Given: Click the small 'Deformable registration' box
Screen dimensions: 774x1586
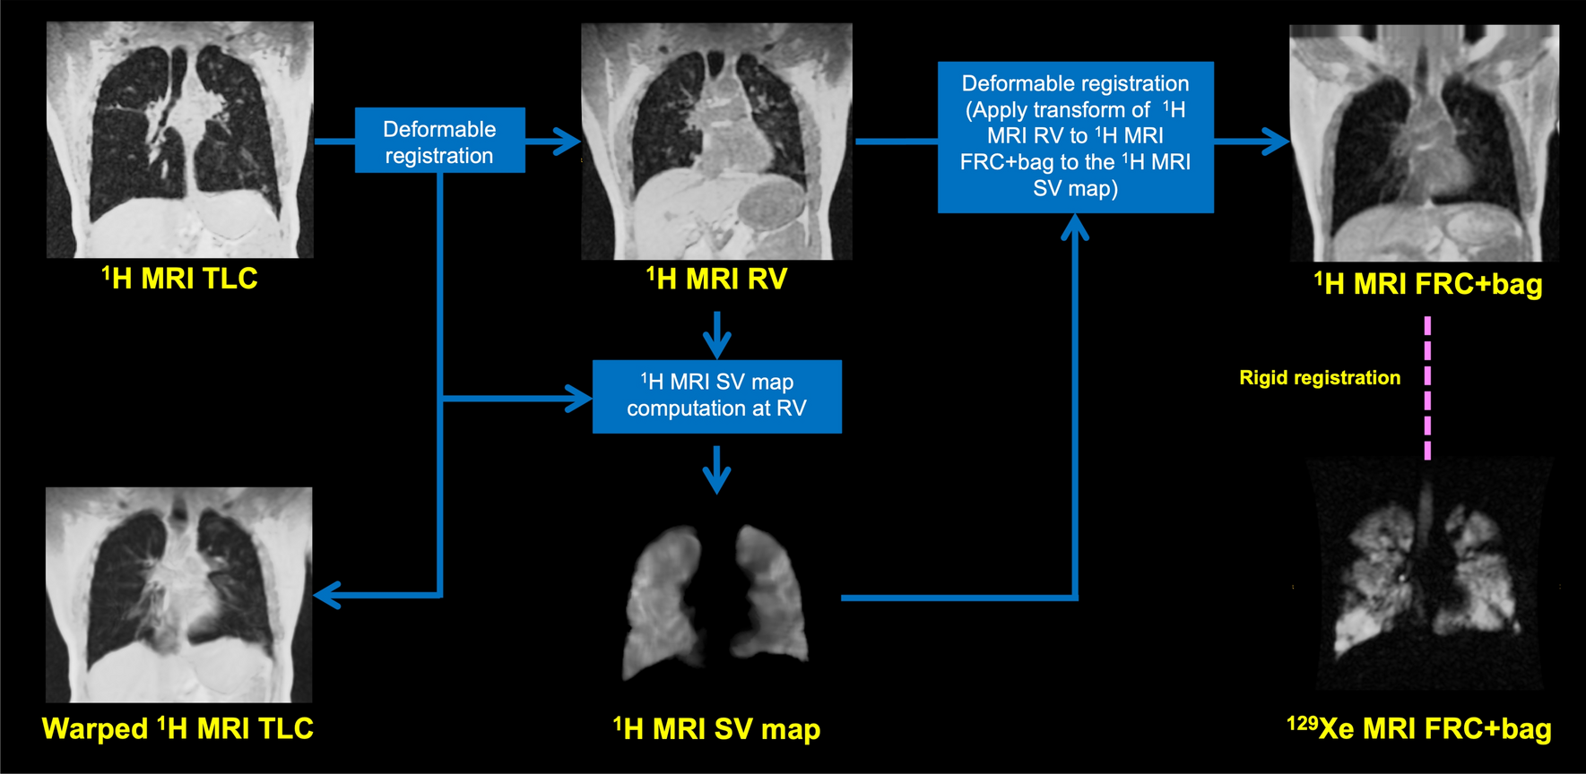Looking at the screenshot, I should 439,142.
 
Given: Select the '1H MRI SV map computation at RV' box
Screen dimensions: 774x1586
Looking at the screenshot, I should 716,396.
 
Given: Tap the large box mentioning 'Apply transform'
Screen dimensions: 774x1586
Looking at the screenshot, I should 1075,136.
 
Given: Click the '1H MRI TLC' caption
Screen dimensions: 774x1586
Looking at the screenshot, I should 179,279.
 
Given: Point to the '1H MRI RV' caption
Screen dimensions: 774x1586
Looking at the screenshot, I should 716,279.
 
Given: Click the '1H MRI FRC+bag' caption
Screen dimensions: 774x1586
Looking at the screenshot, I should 1427,285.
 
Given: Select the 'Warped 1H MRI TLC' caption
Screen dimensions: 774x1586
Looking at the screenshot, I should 178,728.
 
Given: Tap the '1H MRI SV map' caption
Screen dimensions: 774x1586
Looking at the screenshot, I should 716,729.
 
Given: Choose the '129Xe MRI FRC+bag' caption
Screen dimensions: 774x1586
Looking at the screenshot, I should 1418,728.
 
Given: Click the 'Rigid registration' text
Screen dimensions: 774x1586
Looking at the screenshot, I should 1319,378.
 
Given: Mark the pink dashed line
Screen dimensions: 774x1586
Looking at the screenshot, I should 1427,387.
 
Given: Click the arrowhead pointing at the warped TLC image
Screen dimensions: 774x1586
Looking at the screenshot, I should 326,594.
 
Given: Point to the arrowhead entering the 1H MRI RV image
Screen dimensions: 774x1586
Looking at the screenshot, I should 568,142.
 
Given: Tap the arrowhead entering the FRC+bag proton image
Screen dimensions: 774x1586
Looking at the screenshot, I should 1277,142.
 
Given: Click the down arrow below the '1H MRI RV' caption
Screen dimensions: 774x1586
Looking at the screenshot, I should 716,337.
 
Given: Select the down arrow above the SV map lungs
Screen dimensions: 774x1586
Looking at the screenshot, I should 716,472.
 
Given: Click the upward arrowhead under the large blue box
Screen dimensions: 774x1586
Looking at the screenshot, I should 1075,228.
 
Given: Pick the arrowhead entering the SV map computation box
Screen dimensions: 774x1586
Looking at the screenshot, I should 579,398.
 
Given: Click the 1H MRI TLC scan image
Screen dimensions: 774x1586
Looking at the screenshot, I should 179,140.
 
